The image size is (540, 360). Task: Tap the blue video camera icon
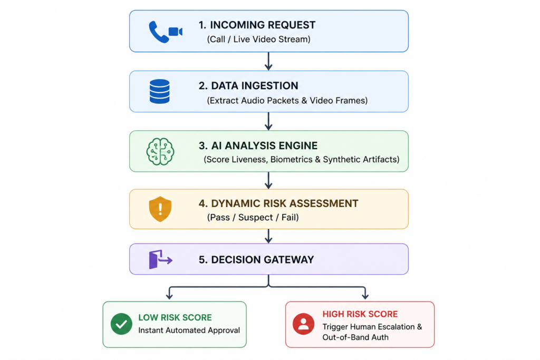pyautogui.click(x=175, y=32)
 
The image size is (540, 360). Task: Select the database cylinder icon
pyautogui.click(x=159, y=92)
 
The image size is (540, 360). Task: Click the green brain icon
pyautogui.click(x=160, y=151)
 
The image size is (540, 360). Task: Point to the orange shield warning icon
pyautogui.click(x=160, y=209)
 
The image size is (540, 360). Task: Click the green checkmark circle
pyautogui.click(x=121, y=324)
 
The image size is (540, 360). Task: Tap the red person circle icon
pyautogui.click(x=303, y=324)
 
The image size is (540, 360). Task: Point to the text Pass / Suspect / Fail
pyautogui.click(x=253, y=218)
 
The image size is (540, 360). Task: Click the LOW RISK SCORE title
pyautogui.click(x=175, y=317)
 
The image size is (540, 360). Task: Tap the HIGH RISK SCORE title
pyautogui.click(x=360, y=314)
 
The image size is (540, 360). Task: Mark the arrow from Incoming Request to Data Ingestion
pyautogui.click(x=268, y=61)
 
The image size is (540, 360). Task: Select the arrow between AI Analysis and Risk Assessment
pyautogui.click(x=268, y=180)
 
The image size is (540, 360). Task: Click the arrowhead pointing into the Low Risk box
pyautogui.click(x=169, y=296)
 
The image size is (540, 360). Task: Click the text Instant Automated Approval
pyautogui.click(x=189, y=330)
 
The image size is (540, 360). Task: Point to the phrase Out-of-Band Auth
pyautogui.click(x=355, y=337)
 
